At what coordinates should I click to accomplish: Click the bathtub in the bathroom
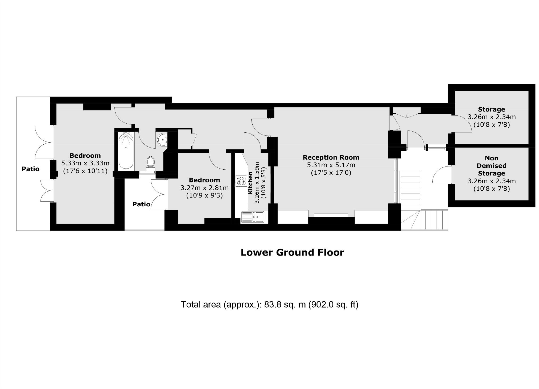pyautogui.click(x=126, y=151)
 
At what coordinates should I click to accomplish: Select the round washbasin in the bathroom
pyautogui.click(x=162, y=140)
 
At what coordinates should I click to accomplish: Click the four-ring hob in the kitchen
pyautogui.click(x=241, y=181)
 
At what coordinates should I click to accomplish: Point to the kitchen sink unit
pyautogui.click(x=252, y=216)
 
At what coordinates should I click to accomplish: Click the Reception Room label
pyautogui.click(x=331, y=157)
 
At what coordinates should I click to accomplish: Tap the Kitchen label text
pyautogui.click(x=250, y=183)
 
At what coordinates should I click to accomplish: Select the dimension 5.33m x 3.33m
pyautogui.click(x=85, y=163)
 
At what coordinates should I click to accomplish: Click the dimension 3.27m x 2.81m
pyautogui.click(x=204, y=188)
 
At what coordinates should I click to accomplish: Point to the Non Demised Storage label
pyautogui.click(x=491, y=166)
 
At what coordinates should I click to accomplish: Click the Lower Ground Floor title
pyautogui.click(x=292, y=252)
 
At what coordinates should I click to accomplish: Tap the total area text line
pyautogui.click(x=269, y=304)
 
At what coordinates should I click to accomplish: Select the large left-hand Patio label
pyautogui.click(x=30, y=169)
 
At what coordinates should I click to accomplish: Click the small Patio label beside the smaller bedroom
pyautogui.click(x=141, y=204)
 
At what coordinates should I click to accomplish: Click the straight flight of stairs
pyautogui.click(x=410, y=190)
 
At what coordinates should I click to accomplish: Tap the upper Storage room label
pyautogui.click(x=491, y=109)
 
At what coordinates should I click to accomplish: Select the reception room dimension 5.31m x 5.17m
pyautogui.click(x=331, y=165)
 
